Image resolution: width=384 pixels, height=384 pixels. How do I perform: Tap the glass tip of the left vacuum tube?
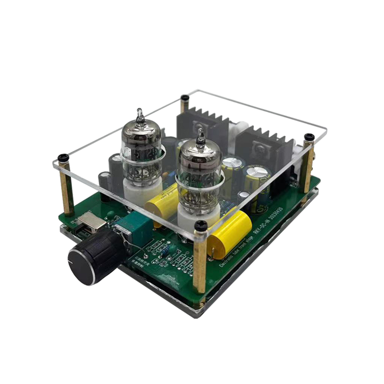click(x=140, y=115)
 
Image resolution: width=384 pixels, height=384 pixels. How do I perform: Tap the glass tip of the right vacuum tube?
click(x=200, y=136)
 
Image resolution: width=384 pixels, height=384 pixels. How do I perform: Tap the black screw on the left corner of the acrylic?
click(x=63, y=157)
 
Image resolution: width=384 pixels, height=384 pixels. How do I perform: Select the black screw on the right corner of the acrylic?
click(x=309, y=137)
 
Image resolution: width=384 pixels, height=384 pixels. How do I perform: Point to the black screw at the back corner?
click(x=184, y=98)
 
